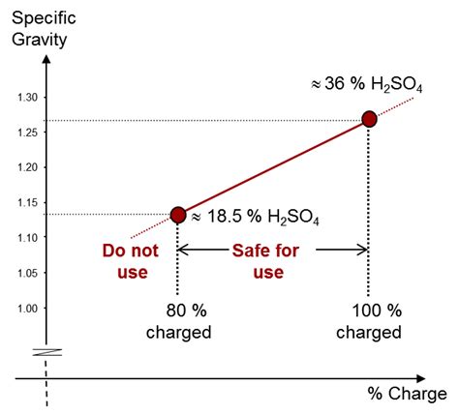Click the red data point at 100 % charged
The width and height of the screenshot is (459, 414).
(368, 119)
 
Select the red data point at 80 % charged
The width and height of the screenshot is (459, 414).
(178, 214)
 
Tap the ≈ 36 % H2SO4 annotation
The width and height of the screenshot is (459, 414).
(367, 85)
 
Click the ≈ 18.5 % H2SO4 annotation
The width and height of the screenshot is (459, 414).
(253, 218)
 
